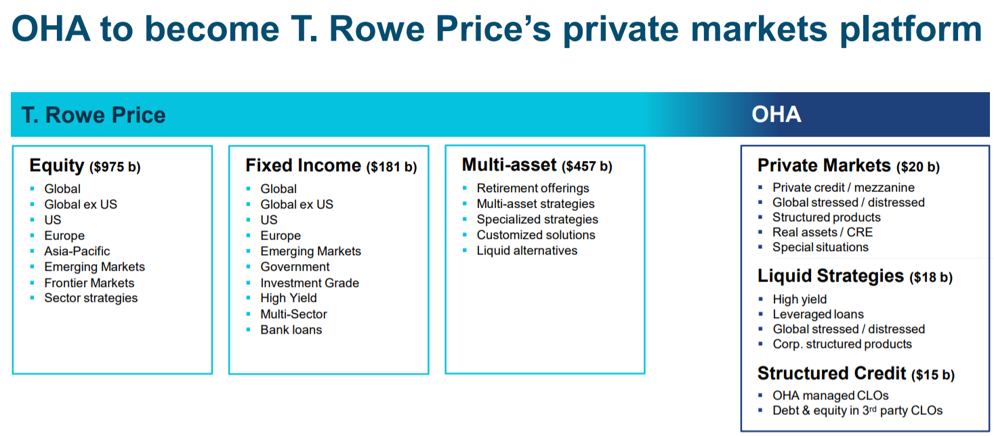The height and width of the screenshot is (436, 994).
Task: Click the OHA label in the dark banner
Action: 776,114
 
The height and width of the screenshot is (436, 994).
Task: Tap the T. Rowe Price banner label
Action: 94,115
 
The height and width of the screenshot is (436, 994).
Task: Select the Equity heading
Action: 57,166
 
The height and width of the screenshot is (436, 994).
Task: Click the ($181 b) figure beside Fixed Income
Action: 392,167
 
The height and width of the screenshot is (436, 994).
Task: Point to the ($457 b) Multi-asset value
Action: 587,167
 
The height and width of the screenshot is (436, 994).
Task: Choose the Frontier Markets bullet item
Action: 89,283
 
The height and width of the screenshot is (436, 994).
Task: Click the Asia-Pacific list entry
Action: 77,251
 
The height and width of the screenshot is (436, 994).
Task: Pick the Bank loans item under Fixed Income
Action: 291,330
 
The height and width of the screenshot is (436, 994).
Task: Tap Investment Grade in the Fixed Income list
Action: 310,283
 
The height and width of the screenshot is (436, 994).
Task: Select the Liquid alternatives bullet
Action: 527,250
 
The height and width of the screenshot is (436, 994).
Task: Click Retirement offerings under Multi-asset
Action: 533,188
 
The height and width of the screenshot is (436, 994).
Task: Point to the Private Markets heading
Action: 824,165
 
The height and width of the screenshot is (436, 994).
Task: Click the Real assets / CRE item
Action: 823,232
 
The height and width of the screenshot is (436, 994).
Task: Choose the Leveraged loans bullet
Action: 819,314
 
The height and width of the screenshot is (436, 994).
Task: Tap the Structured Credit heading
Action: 831,374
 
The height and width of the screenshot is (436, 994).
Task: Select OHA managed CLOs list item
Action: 830,395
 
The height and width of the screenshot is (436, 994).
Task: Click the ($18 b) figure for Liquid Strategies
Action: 931,278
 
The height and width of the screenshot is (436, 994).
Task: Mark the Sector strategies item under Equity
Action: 91,298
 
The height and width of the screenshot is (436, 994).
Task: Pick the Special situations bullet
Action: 821,248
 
